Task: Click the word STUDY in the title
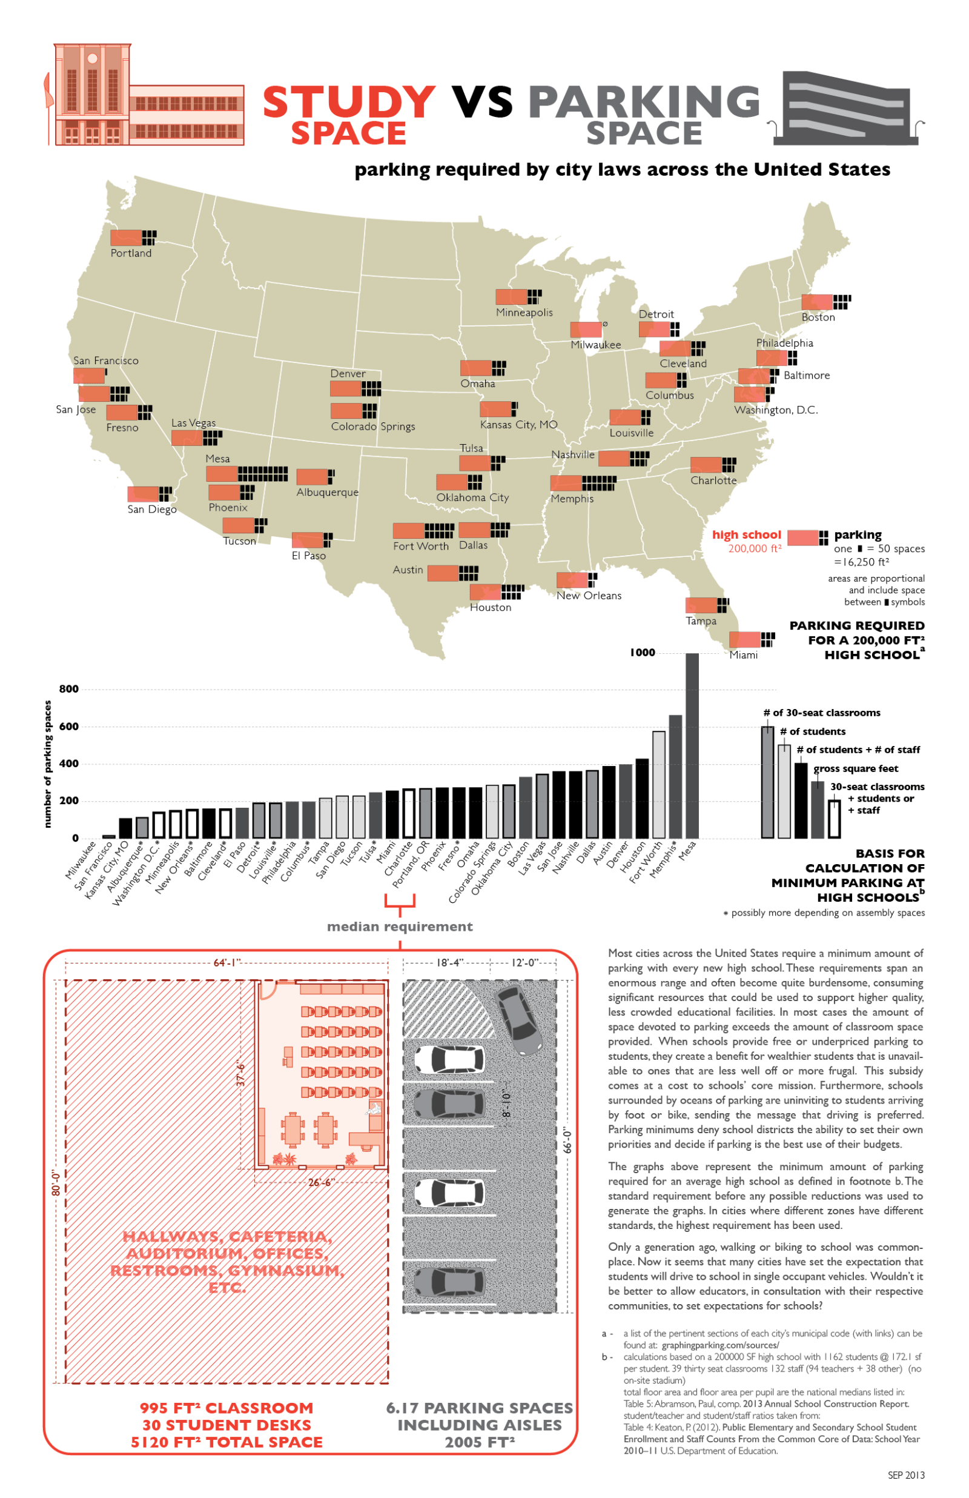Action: point(349,102)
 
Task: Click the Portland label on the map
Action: point(131,253)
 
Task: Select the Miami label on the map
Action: point(743,655)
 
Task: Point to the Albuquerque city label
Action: point(327,492)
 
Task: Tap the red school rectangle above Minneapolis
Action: point(511,296)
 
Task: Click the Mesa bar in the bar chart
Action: point(692,746)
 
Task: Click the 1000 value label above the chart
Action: point(643,653)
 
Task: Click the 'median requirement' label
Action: point(400,927)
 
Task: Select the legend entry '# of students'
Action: point(812,731)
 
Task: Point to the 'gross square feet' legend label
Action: point(856,768)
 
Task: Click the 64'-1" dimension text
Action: point(227,963)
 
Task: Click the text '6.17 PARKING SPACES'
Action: point(480,1408)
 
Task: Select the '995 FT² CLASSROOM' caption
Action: point(227,1408)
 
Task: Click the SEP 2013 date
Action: point(905,1476)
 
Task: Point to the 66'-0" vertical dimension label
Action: point(567,1140)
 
